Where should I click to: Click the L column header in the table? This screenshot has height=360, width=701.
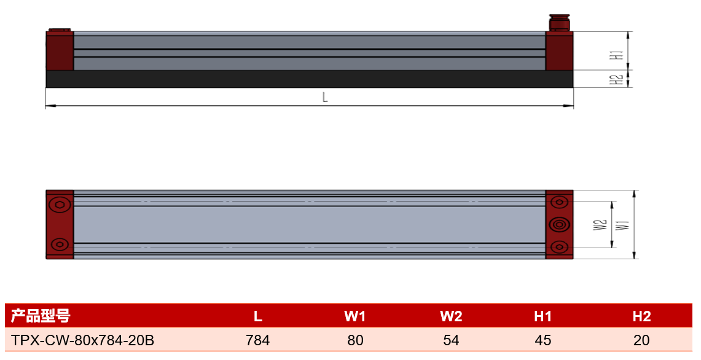click(x=258, y=316)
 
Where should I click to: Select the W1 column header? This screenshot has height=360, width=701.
click(x=355, y=316)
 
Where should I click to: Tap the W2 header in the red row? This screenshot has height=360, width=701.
click(x=451, y=316)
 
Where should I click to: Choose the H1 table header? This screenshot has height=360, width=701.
click(x=542, y=316)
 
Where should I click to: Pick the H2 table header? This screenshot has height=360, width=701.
click(x=641, y=316)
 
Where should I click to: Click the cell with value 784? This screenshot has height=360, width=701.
click(x=258, y=340)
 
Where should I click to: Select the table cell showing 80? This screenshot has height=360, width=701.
click(x=356, y=340)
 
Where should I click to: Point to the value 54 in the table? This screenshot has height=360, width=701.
click(x=451, y=340)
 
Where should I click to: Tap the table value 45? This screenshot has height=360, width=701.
click(x=542, y=340)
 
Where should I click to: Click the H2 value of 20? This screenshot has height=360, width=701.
click(x=641, y=340)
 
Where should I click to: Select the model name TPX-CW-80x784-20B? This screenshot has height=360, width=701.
click(x=83, y=340)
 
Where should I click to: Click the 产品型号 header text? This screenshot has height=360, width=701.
click(x=41, y=316)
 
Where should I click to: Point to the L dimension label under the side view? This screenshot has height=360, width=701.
click(x=325, y=97)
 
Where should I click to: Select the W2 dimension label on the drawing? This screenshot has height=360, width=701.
click(x=600, y=224)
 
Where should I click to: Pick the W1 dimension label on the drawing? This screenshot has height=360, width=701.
click(x=622, y=224)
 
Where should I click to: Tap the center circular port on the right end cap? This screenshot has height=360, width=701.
click(x=559, y=224)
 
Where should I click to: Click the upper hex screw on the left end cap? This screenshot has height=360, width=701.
click(x=60, y=205)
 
